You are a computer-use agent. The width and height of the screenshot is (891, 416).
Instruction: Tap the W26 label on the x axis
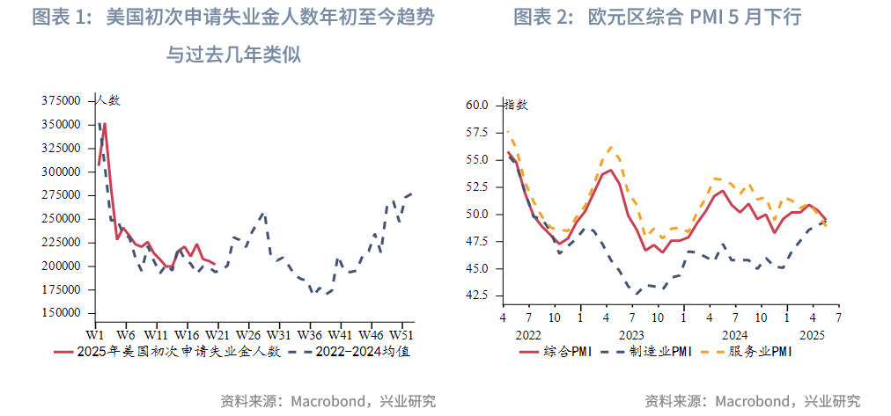click(x=248, y=335)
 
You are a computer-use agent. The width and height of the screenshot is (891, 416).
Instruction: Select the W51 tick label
click(x=401, y=335)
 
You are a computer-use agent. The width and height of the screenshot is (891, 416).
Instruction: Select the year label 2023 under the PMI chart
click(x=630, y=335)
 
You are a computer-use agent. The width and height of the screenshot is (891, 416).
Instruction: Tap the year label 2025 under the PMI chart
click(x=813, y=335)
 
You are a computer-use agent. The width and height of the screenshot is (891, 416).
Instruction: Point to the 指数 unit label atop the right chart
click(x=516, y=105)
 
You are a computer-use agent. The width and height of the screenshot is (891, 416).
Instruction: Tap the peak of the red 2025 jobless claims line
click(x=105, y=123)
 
